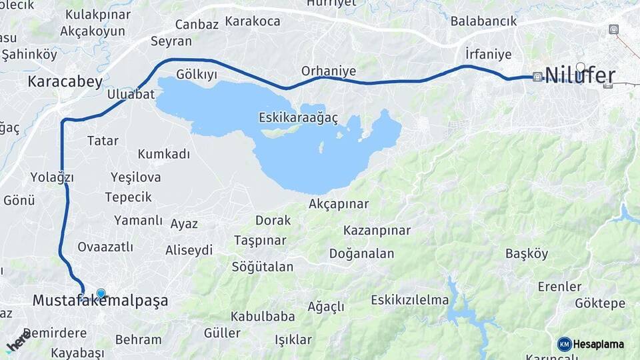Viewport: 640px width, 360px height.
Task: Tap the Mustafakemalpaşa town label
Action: coord(100,301)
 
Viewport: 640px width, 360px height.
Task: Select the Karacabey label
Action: coord(65,82)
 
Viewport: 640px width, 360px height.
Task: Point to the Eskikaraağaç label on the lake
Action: coord(298,118)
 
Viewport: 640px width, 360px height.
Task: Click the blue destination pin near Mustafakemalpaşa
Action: coord(101,293)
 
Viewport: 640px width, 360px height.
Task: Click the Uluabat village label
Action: coord(131,94)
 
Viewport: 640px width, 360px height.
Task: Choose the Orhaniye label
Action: coord(329,71)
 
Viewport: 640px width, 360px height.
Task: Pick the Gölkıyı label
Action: coord(197,74)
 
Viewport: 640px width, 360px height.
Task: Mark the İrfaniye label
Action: coord(489,54)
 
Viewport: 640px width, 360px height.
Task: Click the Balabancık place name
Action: coord(483,21)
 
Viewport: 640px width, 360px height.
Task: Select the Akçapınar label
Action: coord(339,204)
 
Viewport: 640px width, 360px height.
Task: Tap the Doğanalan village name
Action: coord(361,253)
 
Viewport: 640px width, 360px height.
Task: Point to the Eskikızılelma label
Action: coord(410,299)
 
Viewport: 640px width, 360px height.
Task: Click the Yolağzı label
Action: coord(51,177)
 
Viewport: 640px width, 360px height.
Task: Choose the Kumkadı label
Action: coord(164,154)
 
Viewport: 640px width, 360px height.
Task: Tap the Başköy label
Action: coord(527,253)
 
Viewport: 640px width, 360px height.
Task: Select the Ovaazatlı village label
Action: coord(105,247)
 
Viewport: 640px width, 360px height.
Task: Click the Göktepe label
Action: coord(599,303)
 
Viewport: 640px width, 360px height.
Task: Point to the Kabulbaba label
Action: coord(263,316)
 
